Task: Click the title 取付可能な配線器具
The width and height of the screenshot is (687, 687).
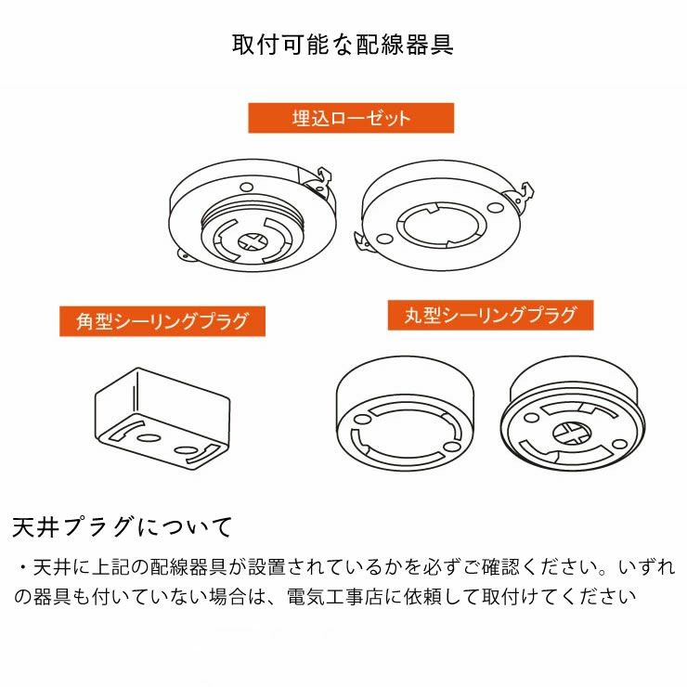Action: (343, 45)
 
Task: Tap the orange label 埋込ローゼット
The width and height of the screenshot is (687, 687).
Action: (350, 118)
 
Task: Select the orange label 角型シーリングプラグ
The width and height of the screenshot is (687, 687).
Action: (162, 322)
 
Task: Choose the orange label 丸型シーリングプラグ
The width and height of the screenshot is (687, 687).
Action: (490, 315)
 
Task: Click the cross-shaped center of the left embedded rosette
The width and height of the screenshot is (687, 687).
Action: (251, 241)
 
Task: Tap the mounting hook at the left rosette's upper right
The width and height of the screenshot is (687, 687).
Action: (321, 177)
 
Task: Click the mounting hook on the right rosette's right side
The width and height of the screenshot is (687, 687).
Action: (525, 193)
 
